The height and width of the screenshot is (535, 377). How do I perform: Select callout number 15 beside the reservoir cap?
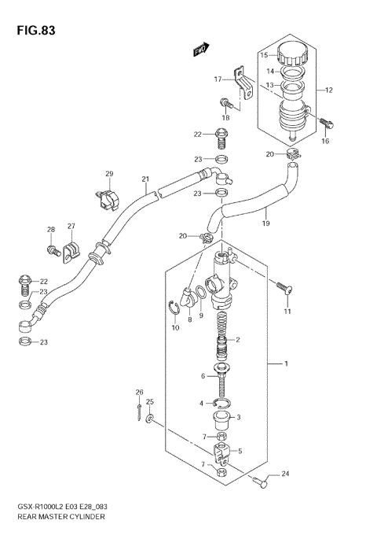click(264, 55)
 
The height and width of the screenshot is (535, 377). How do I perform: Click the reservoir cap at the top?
click(291, 53)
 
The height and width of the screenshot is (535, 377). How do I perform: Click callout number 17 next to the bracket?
click(218, 79)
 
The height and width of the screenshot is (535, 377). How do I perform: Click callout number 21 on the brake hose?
click(145, 179)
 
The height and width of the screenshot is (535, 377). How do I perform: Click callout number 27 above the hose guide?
click(71, 227)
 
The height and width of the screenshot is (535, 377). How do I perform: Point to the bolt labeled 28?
click(53, 252)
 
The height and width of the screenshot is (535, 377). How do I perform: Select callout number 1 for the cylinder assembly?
click(287, 364)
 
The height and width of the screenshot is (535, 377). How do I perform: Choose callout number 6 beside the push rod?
click(202, 377)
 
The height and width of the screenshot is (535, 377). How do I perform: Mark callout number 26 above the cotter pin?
click(139, 392)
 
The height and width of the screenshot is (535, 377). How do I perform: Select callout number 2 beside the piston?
click(237, 340)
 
